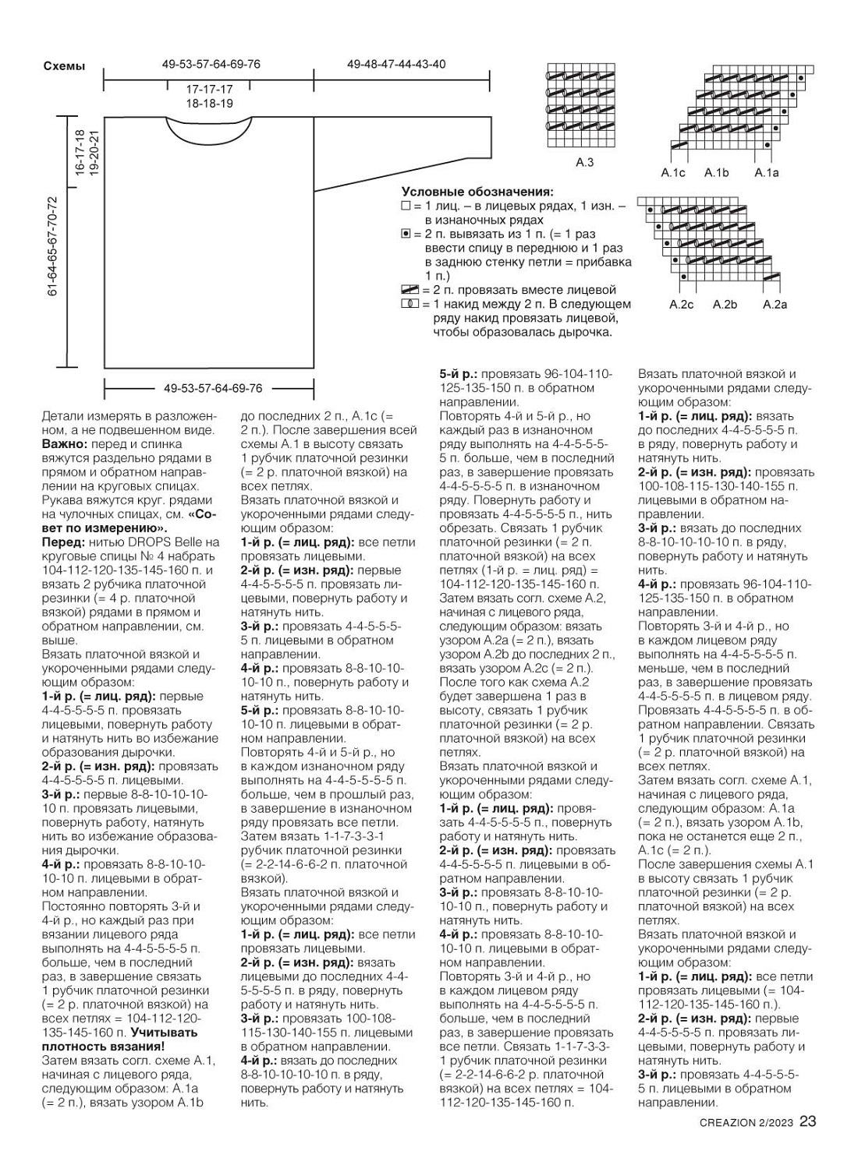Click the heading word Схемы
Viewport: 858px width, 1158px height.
point(64,67)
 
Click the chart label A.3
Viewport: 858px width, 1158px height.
point(584,163)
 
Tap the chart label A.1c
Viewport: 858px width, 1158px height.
point(672,173)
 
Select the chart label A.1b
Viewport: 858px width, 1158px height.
point(716,173)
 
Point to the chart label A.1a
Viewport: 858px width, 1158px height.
point(766,173)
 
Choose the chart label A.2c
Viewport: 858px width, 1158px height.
point(681,305)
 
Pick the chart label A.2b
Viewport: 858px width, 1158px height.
point(725,305)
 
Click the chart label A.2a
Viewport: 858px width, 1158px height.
point(775,305)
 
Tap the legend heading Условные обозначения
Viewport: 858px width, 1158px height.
point(477,192)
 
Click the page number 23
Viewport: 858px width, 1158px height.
point(807,1122)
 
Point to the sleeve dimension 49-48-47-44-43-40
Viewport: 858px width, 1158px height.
point(396,64)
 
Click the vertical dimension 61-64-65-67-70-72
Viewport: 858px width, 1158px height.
point(53,246)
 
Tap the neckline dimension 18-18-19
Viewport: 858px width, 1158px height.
point(209,103)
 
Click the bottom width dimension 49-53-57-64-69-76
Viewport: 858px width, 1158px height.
point(212,388)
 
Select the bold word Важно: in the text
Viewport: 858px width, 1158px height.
point(64,443)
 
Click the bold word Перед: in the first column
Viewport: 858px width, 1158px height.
point(63,542)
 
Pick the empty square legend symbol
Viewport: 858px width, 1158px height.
point(405,207)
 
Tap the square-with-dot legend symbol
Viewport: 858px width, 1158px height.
point(405,235)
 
